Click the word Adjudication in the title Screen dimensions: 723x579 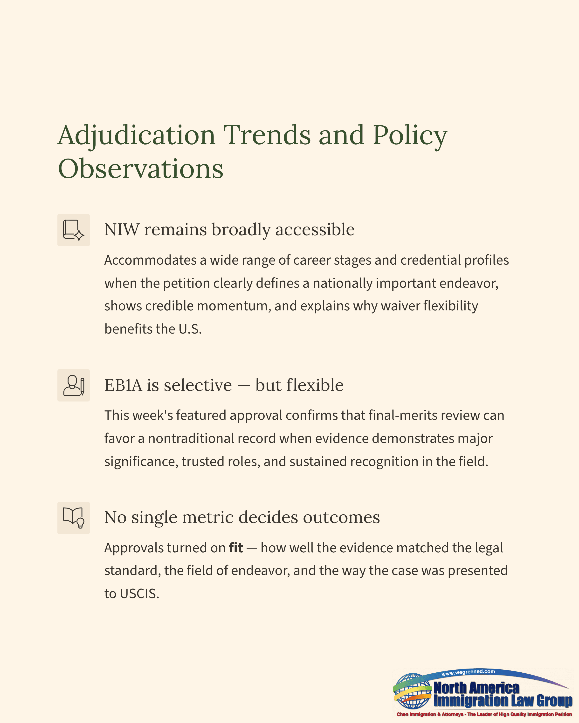pos(136,135)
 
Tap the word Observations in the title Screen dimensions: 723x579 pos(140,169)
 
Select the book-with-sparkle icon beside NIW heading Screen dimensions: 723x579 pos(74,230)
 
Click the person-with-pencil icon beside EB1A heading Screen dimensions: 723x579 pos(74,385)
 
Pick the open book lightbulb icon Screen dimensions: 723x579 pos(74,518)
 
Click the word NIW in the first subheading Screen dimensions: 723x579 pos(122,230)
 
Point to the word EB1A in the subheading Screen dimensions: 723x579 pos(123,385)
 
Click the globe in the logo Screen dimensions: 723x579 pos(413,691)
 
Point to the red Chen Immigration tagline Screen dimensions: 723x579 pos(484,714)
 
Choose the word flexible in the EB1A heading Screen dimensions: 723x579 pos(315,385)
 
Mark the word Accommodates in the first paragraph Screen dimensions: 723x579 pos(150,260)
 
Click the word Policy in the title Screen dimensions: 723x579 pos(410,135)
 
